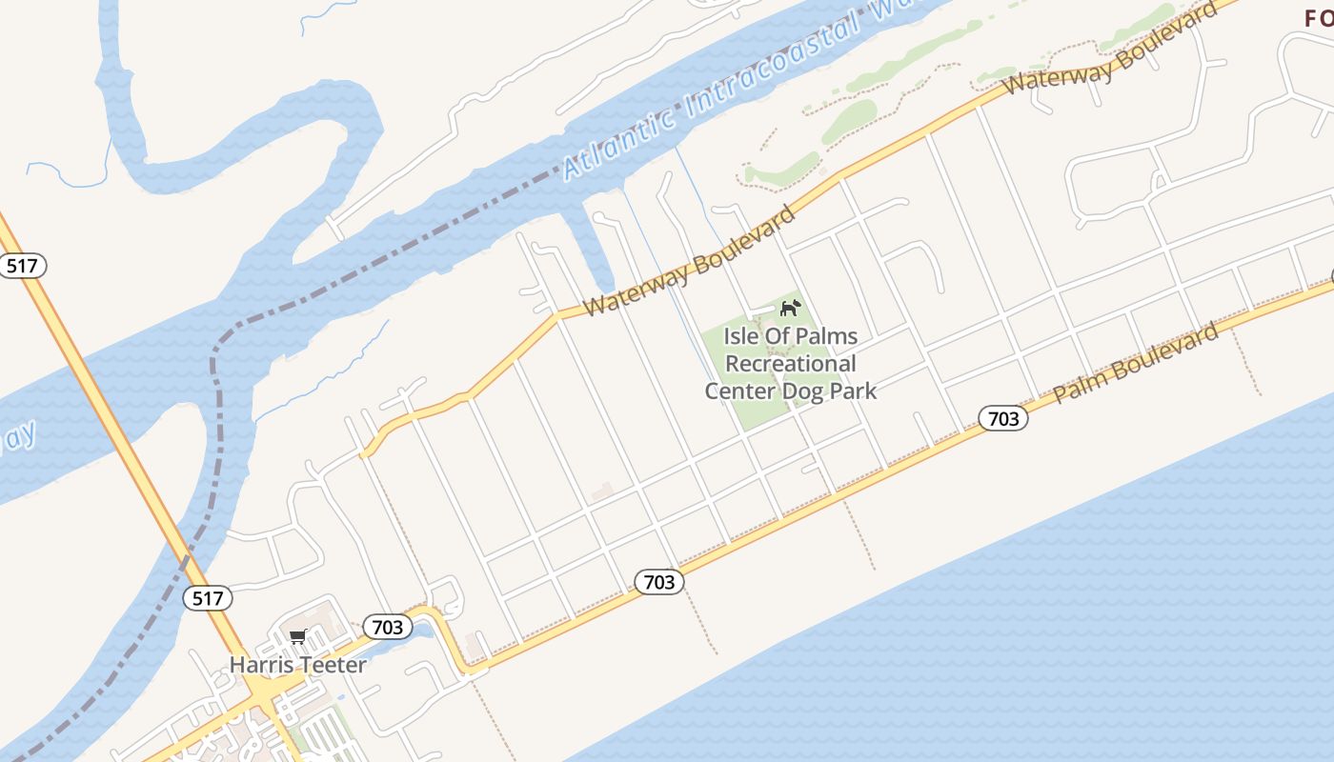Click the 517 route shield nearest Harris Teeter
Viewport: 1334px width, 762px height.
(207, 598)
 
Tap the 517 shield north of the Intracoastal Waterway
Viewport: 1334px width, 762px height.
(21, 265)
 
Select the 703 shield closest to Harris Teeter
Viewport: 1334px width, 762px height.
(387, 627)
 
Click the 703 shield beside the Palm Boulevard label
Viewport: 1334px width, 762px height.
(1002, 418)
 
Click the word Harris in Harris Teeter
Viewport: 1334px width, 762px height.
(259, 665)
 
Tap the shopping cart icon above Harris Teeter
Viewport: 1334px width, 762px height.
(297, 636)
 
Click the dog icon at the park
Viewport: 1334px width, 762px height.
(790, 308)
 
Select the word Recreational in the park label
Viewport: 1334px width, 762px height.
(791, 364)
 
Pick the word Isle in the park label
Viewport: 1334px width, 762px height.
(741, 336)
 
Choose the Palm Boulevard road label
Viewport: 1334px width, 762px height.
(1136, 362)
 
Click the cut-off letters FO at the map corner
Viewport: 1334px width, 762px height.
(1318, 17)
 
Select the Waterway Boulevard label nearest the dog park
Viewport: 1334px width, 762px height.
(689, 260)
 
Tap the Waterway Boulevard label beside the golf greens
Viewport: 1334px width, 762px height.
(1110, 46)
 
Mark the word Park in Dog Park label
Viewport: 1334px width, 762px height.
(851, 391)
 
